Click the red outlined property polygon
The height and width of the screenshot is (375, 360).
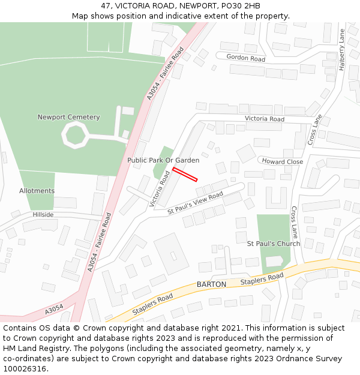[185, 174]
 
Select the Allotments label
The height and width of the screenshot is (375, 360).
[37, 191]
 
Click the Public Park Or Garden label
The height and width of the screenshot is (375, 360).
[163, 160]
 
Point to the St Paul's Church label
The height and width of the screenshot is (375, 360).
[274, 244]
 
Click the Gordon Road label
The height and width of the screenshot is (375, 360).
[246, 58]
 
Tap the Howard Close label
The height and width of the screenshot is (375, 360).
[282, 161]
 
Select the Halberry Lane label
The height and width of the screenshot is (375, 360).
[341, 49]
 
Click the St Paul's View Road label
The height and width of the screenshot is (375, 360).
[195, 204]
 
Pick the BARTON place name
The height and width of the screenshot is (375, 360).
[211, 284]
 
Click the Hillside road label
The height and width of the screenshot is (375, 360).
[43, 214]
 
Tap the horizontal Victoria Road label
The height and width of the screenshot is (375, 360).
[265, 119]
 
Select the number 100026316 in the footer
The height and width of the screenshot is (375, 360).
[24, 368]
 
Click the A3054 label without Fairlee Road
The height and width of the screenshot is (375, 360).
[53, 309]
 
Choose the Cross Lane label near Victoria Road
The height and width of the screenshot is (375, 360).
[314, 129]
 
